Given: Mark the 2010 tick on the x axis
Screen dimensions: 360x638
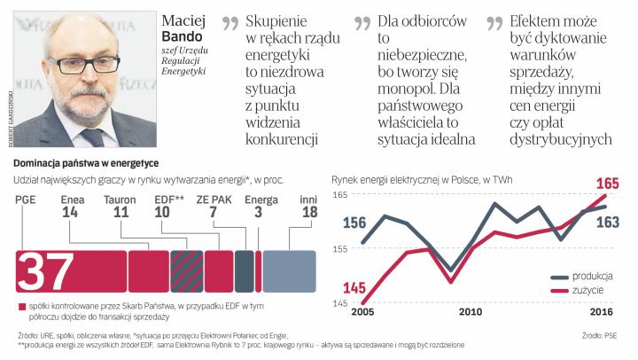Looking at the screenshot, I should [470, 312].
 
